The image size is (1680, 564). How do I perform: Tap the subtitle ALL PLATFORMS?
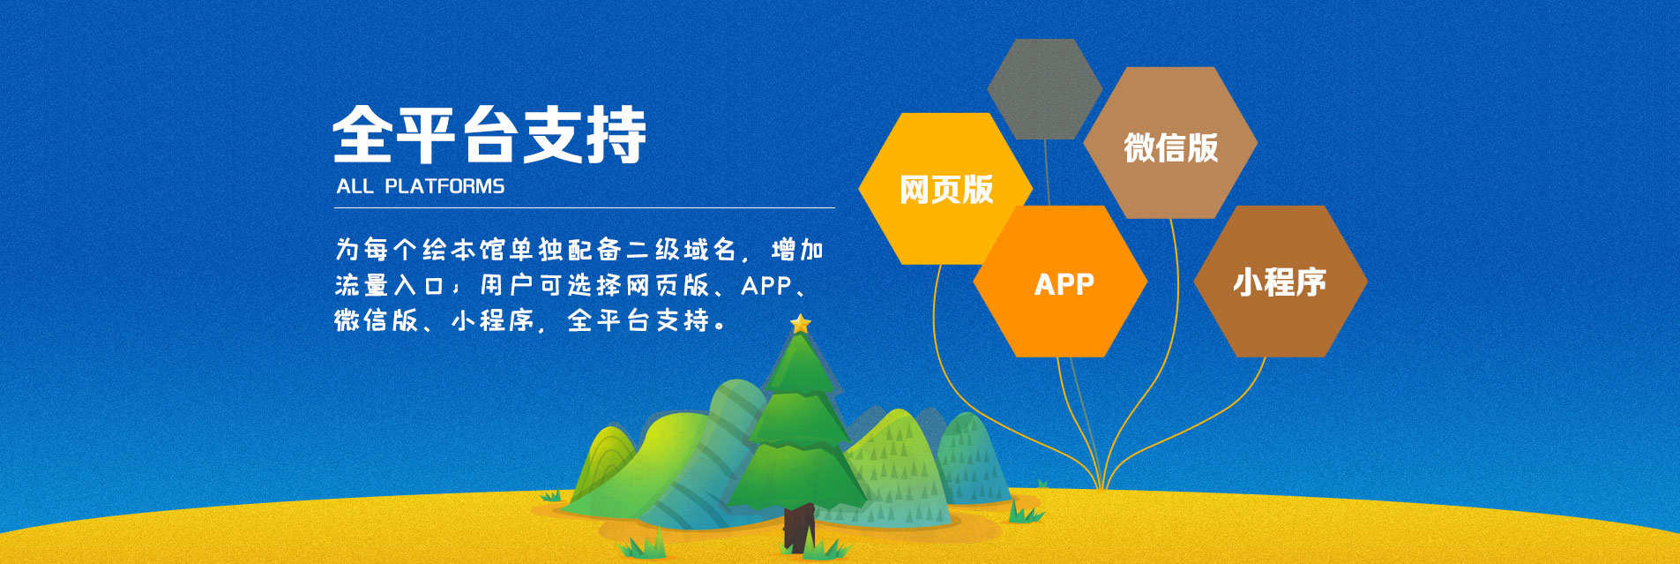421,186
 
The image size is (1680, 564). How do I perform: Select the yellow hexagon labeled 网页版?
945,189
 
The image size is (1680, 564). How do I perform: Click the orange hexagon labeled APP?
1060,282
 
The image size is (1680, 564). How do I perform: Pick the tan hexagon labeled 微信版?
1170,143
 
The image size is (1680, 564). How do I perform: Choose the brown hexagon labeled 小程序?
1281,282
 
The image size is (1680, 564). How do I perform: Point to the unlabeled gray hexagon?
1045,88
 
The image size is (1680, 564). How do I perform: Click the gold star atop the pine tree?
800,324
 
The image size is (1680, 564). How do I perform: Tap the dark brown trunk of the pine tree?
799,528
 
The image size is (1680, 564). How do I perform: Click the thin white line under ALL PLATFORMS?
584,208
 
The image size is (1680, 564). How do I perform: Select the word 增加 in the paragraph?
797,250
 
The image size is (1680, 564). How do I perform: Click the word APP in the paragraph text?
766,285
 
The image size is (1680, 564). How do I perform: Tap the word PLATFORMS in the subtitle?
444,186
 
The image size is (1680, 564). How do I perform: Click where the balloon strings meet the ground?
1101,486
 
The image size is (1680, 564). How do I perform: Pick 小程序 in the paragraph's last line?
493,320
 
